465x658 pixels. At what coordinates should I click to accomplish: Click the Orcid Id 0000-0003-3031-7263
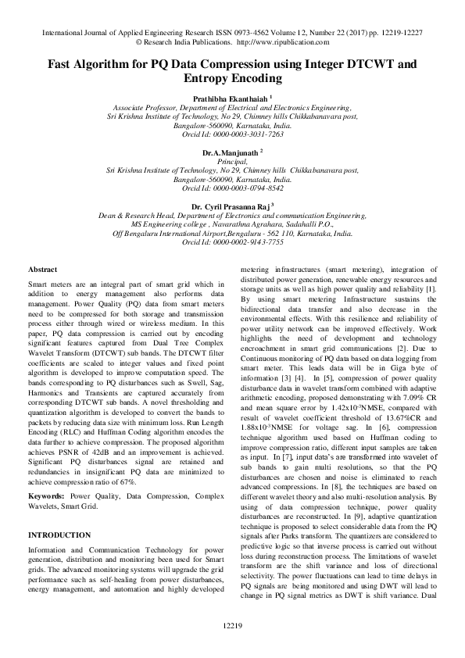pyautogui.click(x=233, y=134)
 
